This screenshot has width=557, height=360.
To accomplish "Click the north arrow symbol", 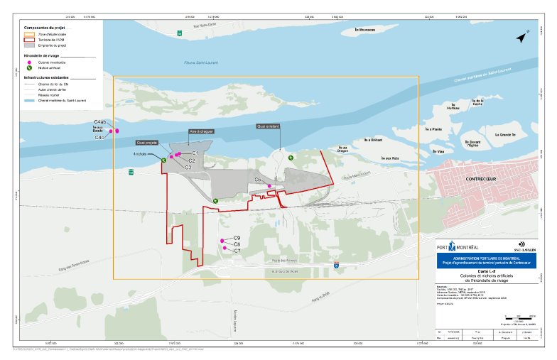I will coord(524,38).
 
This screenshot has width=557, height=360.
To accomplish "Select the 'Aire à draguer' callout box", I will coord(201,131).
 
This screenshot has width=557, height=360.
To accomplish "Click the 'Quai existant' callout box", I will coord(268,126).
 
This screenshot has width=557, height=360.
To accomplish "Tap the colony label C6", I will coord(259,180).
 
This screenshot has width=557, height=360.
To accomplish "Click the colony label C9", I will coord(237,238).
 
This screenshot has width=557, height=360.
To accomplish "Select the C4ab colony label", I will coord(100,123).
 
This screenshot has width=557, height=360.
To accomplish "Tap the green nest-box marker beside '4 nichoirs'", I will coord(163,160).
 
